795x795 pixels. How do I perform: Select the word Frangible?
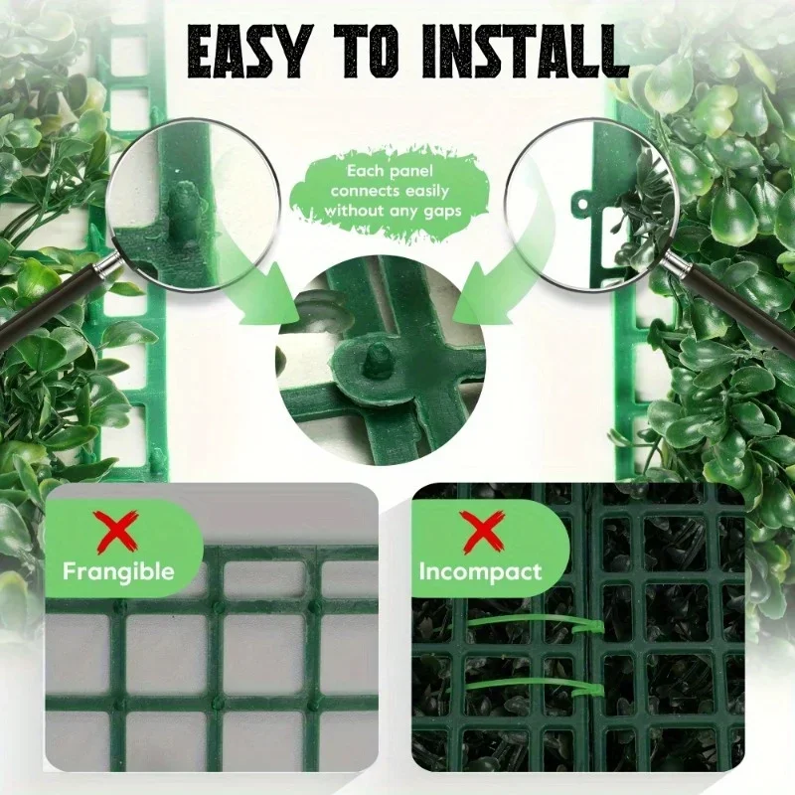pos(118,571)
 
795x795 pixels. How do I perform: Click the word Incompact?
pos(480,572)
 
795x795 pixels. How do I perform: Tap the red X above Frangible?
pos(117,532)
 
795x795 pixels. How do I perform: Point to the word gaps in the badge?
pos(440,212)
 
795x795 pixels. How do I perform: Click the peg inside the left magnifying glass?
pos(184,211)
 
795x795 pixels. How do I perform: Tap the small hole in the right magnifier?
pos(582,204)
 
